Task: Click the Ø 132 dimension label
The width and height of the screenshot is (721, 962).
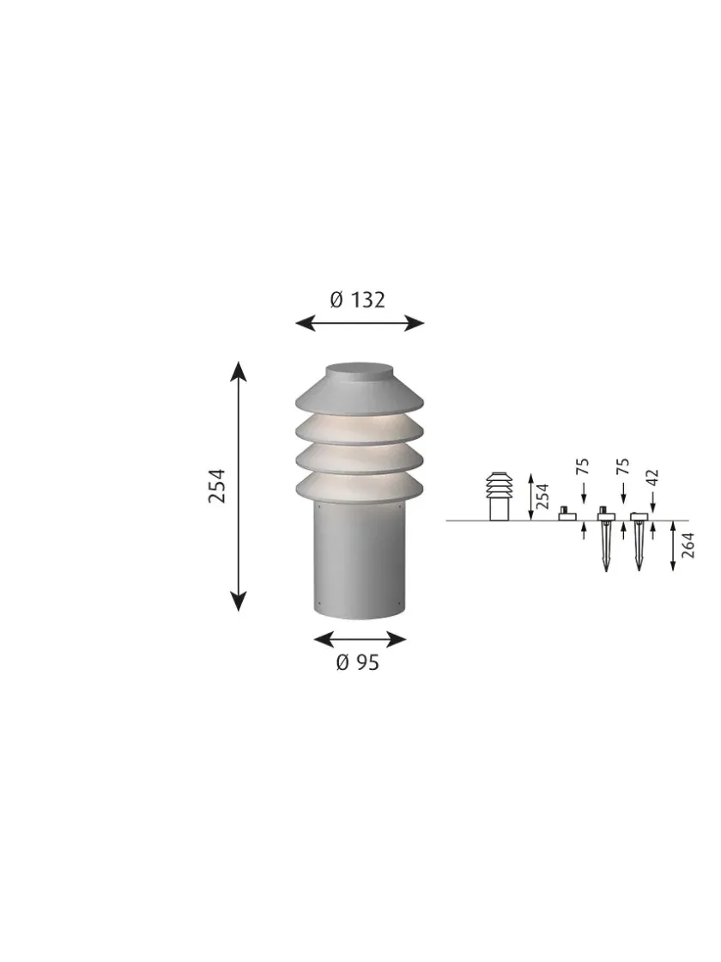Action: coord(358,300)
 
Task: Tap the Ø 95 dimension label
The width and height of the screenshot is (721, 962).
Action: coord(357,662)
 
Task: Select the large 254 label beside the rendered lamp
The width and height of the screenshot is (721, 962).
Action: coord(216,485)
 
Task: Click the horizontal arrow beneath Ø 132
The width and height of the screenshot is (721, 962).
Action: coord(360,323)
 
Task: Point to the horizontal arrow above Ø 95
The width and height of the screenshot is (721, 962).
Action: coord(360,639)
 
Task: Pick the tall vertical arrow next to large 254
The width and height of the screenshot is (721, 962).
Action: coord(239,485)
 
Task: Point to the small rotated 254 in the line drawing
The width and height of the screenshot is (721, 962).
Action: coord(542,496)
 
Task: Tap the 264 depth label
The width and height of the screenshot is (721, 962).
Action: coord(688,545)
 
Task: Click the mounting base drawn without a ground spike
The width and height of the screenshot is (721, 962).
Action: coord(566,514)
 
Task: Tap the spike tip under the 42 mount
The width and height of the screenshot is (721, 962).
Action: coord(638,567)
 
